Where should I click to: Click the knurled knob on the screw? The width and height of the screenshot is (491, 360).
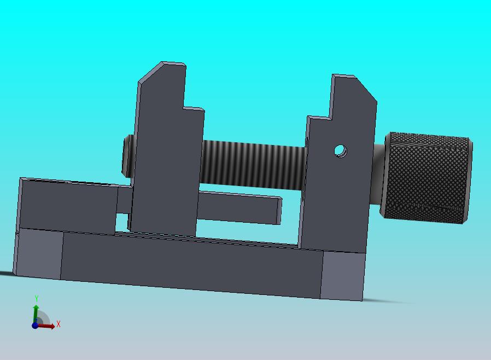(426, 178)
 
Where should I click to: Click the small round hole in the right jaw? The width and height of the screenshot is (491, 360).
(341, 151)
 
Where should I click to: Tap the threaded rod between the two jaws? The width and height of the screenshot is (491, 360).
(253, 165)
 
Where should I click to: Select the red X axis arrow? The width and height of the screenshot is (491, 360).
(46, 326)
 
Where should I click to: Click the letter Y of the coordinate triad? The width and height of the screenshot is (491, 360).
(36, 298)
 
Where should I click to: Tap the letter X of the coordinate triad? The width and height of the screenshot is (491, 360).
(59, 324)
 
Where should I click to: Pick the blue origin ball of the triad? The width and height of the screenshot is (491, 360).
(35, 325)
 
